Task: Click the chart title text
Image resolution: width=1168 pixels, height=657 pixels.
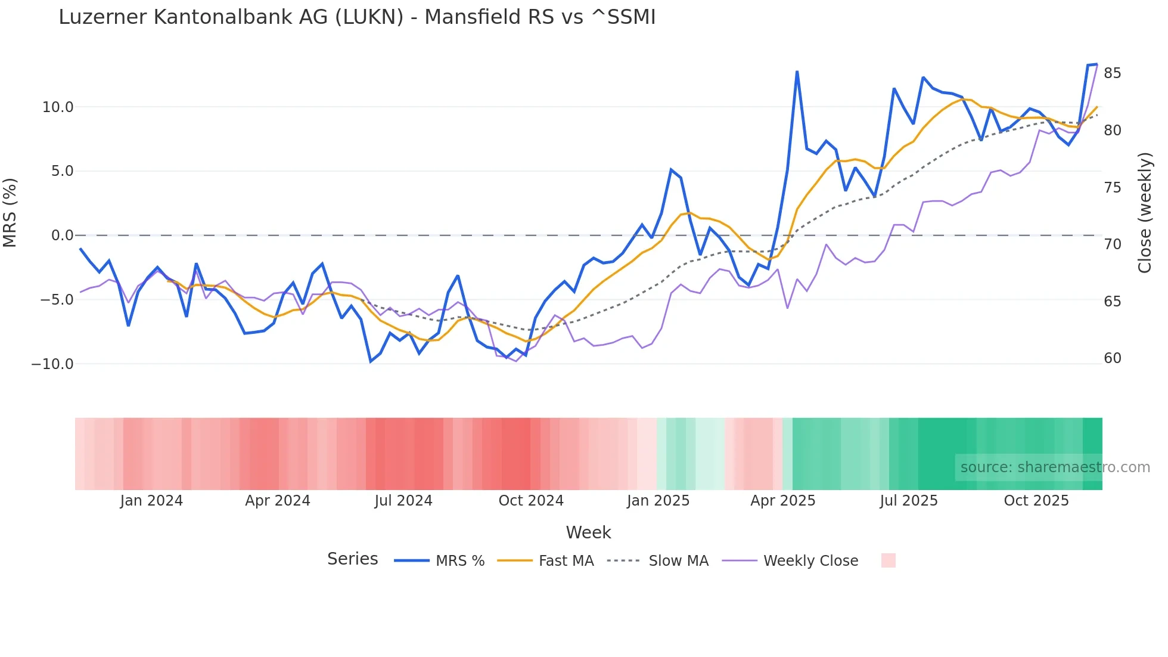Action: pos(357,17)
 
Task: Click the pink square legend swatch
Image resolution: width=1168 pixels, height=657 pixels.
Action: pos(888,560)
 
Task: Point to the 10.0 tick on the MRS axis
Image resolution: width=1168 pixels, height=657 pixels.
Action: pos(58,107)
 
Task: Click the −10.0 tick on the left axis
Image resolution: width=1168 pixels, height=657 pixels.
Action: pos(52,364)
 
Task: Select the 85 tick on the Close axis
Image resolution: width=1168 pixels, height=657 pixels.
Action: pos(1112,73)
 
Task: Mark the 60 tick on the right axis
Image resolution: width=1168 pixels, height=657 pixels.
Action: pos(1112,358)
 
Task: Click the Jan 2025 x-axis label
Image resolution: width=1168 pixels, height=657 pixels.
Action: pos(658,501)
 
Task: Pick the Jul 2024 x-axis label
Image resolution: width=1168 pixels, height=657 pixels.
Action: pos(403,501)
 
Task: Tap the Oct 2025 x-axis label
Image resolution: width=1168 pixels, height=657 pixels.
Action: pos(1036,501)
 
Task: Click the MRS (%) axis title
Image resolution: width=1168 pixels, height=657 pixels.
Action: pos(10,212)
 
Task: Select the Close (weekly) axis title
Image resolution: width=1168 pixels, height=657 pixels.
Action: pos(1144,212)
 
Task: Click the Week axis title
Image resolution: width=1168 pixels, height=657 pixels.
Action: pos(588,532)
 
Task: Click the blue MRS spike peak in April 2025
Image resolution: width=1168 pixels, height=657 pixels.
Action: pos(797,72)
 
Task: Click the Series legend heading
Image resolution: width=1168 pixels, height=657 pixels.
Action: pos(352,559)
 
